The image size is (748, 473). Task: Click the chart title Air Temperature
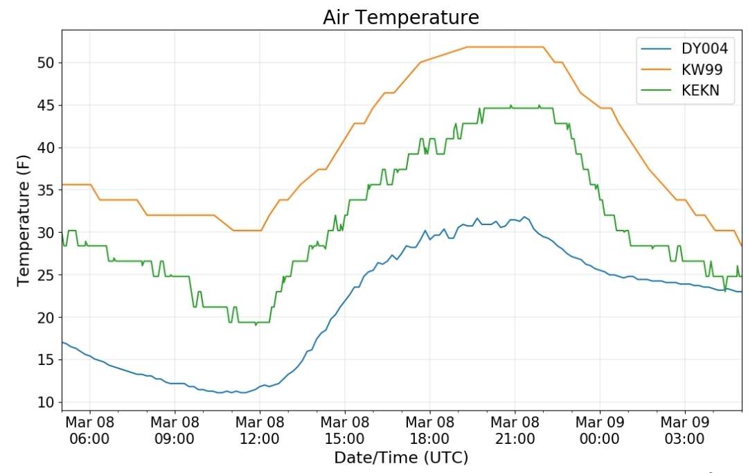400,17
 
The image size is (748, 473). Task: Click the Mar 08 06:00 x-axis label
89,430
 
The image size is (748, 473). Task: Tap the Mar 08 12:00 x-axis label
260,430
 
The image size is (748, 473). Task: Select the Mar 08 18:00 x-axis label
429,430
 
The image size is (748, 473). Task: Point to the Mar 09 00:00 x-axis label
600,430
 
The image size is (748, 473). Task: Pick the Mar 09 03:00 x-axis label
684,430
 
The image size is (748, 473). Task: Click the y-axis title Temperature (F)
24,220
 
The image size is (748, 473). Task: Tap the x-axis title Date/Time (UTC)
401,458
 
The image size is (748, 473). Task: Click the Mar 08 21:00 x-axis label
515,430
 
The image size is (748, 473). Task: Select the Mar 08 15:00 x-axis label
344,430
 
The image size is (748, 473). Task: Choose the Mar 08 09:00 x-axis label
175,430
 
